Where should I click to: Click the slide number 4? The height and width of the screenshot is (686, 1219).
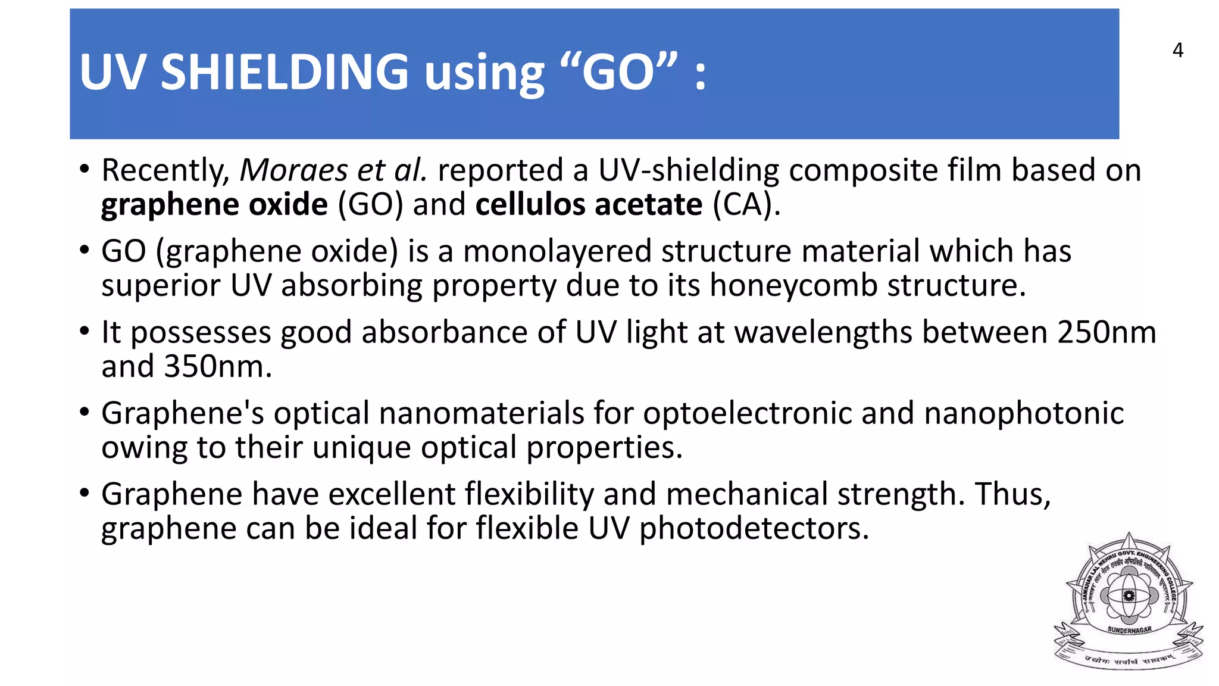[x=1177, y=50]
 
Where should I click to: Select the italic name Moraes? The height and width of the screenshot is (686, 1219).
[x=293, y=171]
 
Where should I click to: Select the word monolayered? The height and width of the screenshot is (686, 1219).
[x=557, y=251]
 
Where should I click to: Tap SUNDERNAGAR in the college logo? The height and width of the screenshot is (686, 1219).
[x=1129, y=629]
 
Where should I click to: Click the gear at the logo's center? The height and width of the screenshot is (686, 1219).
[x=1129, y=595]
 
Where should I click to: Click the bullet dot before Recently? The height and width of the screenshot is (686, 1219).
[x=85, y=170]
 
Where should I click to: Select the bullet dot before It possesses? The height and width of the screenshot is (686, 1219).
[x=85, y=331]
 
